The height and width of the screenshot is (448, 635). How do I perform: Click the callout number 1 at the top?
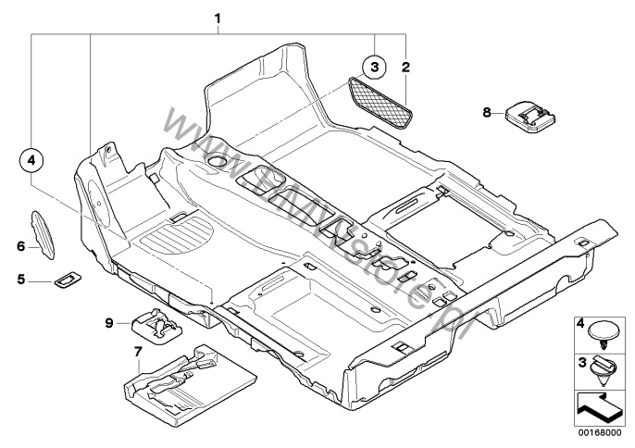(218, 18)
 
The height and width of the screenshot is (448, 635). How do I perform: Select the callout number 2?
(405, 67)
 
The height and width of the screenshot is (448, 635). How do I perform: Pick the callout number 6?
(19, 245)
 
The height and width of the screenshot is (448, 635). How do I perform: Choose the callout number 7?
(138, 352)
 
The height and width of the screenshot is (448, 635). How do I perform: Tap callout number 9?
(109, 322)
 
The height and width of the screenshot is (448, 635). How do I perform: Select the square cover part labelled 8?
(529, 118)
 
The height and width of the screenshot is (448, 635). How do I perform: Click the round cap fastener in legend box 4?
(606, 330)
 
